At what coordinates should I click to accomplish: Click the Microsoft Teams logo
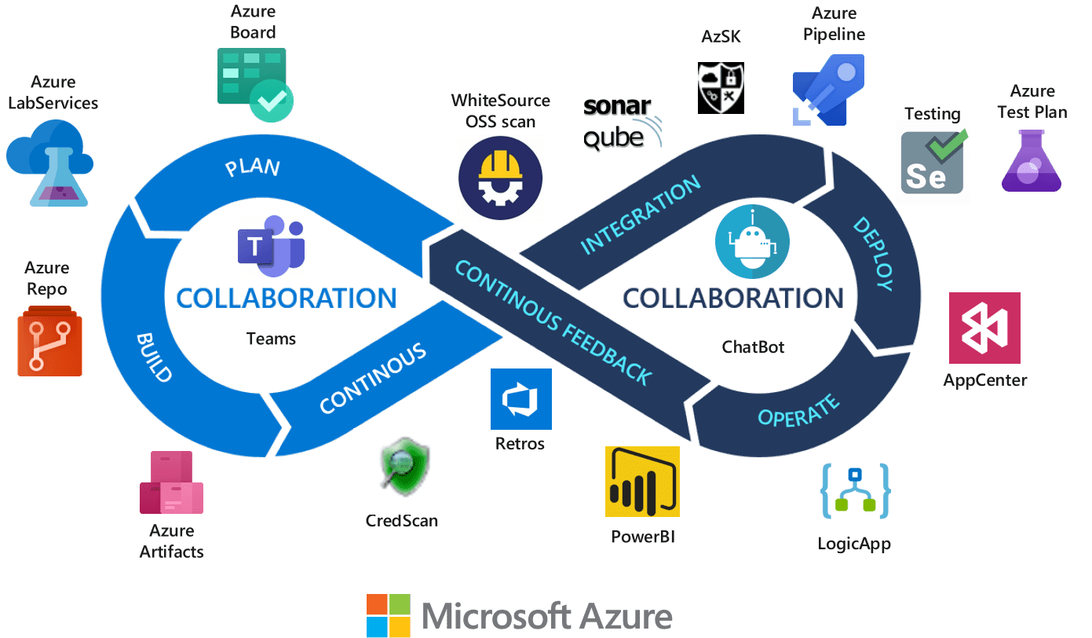coord(271,246)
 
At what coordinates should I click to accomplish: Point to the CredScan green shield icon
coord(397,471)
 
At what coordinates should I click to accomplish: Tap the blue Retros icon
coord(520,399)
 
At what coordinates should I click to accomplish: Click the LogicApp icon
coord(855,490)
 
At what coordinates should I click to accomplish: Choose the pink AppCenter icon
coord(984,328)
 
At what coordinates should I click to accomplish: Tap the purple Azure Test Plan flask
coord(1031,161)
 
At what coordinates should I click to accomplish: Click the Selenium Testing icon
coord(933,162)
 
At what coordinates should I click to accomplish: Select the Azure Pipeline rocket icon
coord(827,90)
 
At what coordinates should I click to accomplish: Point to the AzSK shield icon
coord(721,88)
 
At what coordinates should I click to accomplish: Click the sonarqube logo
coord(622,123)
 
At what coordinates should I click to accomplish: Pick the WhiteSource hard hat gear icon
coord(500,177)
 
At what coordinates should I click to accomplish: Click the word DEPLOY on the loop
coord(873,253)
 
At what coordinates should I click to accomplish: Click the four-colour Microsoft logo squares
coord(389,615)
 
